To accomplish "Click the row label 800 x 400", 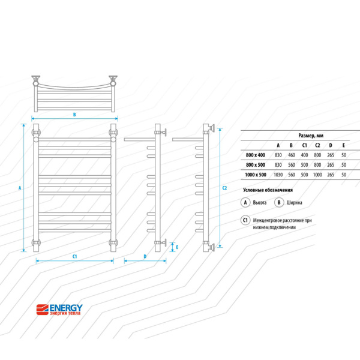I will point(255,155).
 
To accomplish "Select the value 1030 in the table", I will point(278,175).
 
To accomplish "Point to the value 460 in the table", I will point(291,155).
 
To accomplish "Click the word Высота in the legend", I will point(260,203).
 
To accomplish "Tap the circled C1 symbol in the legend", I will point(245,220).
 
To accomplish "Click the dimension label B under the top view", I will point(74,114).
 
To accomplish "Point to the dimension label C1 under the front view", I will point(75,257).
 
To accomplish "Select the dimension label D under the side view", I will point(145,257).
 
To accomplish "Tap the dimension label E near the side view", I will point(176,246).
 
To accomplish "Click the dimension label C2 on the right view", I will point(224,188).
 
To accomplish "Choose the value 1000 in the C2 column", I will point(317,175).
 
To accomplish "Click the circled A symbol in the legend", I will point(245,203).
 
